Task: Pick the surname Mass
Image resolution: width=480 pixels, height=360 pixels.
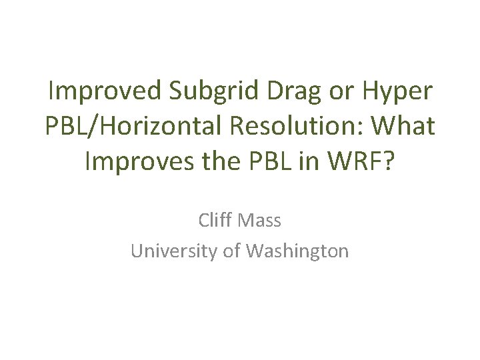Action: [x=261, y=219]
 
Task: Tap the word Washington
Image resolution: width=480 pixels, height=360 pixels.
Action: [x=297, y=251]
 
